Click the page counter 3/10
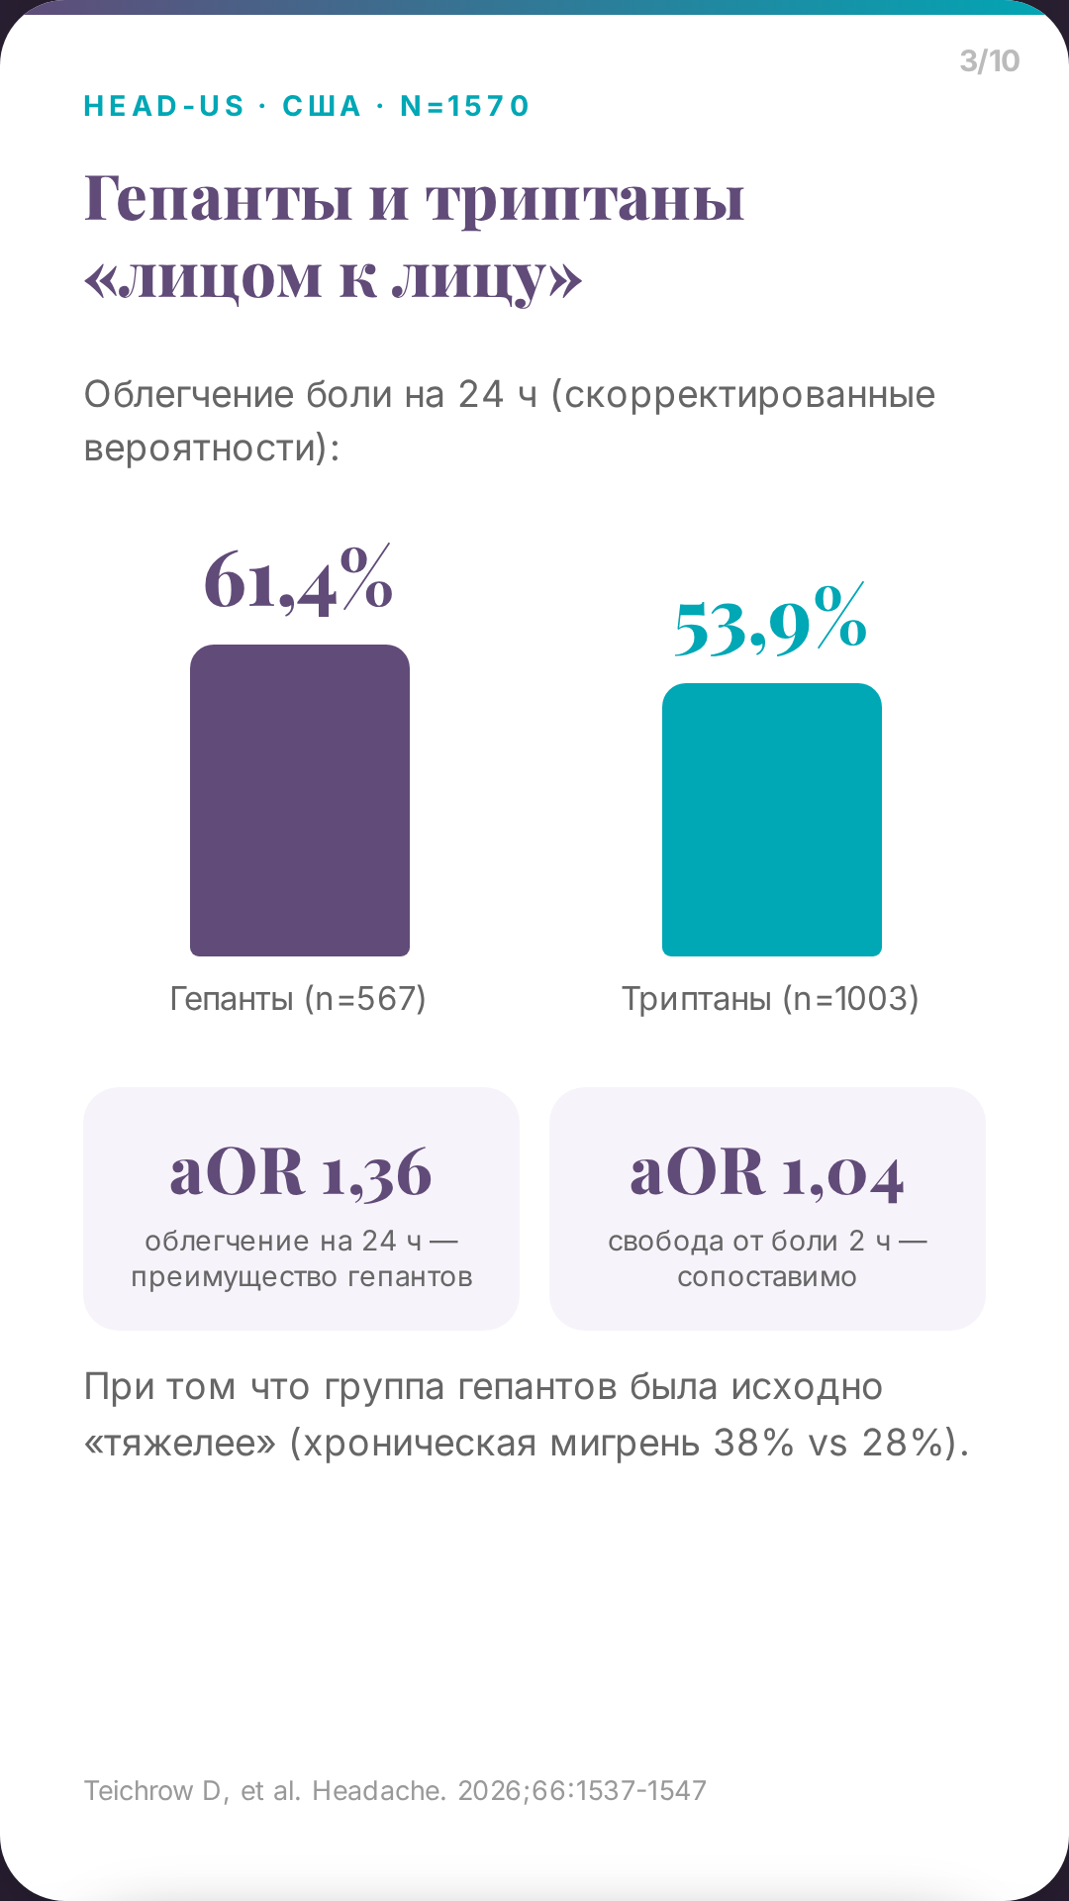989,61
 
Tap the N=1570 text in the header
465,106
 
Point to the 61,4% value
299,581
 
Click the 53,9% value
771,621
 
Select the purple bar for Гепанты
300,800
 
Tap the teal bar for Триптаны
772,820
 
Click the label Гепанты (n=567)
298,998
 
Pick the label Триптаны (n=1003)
770,998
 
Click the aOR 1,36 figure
301,1173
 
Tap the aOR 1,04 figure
767,1173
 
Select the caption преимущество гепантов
302,1277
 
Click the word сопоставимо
767,1277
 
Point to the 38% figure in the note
753,1443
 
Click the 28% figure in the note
902,1443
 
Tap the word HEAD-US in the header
164,106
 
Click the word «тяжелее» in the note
180,1443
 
